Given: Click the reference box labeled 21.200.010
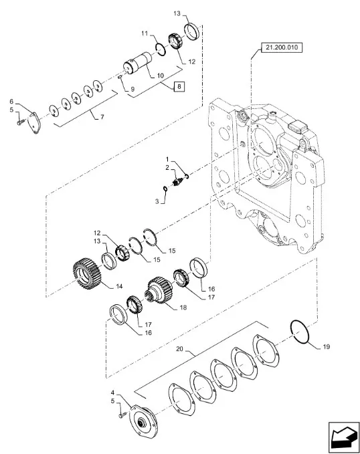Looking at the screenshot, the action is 282,47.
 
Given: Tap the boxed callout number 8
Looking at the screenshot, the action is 179,86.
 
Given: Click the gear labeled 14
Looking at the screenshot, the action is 86,274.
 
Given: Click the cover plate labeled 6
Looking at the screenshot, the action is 35,124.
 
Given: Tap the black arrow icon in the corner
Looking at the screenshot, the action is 343,438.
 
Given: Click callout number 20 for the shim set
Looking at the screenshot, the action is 180,349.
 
